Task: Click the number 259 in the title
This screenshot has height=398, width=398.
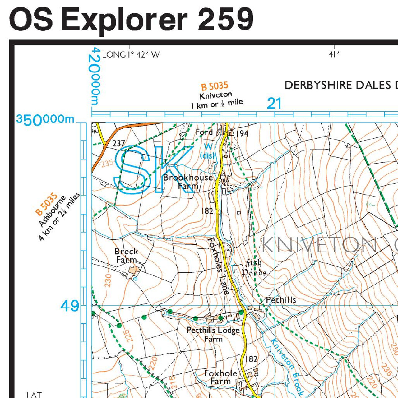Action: [x=225, y=19]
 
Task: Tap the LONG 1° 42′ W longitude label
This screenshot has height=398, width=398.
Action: [x=131, y=55]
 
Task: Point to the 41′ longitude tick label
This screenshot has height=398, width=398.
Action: [x=334, y=55]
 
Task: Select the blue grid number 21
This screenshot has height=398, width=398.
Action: [x=274, y=104]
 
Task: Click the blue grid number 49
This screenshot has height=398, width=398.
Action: [x=70, y=306]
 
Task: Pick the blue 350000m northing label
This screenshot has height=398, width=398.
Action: [x=45, y=119]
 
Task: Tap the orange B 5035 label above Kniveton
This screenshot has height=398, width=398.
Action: [x=215, y=86]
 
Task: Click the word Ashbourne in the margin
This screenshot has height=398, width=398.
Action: [x=52, y=211]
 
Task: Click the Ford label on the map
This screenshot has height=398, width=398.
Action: [x=204, y=132]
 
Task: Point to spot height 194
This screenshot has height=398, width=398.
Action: [x=242, y=133]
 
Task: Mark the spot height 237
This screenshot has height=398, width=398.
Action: [x=118, y=143]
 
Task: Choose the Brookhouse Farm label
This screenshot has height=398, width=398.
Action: [x=188, y=182]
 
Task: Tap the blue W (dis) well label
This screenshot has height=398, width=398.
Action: [x=208, y=151]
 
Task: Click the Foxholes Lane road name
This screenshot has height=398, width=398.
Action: [x=218, y=266]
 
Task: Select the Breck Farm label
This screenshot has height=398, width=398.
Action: [x=126, y=255]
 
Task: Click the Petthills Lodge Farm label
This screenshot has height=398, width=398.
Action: [x=213, y=334]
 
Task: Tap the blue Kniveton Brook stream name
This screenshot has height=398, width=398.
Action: [x=286, y=366]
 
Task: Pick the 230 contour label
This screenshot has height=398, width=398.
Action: [x=108, y=280]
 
